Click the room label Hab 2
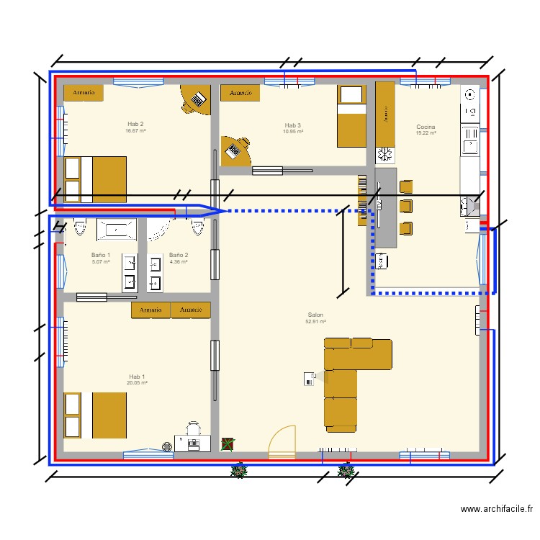135,124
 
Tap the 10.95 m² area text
293,132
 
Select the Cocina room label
426,127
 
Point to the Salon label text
315,315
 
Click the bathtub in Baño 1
116,228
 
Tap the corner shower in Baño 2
159,228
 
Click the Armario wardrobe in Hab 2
84,93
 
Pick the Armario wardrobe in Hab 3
240,93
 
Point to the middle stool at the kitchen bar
406,207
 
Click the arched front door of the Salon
282,442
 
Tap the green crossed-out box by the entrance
228,444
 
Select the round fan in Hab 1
167,446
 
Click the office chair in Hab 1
193,430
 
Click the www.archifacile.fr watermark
497,509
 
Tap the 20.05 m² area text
137,383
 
